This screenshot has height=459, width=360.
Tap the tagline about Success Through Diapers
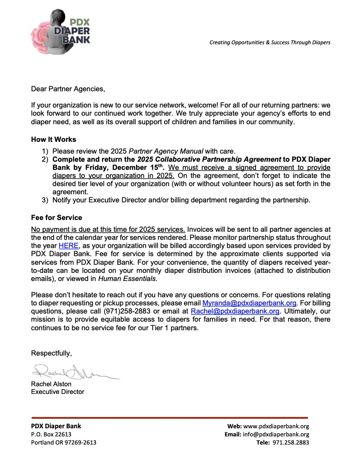(x=270, y=42)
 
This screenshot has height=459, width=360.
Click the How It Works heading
(x=53, y=140)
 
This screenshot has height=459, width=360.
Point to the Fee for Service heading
(x=57, y=217)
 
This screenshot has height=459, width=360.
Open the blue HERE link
(x=68, y=246)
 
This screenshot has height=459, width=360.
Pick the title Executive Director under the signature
(x=57, y=392)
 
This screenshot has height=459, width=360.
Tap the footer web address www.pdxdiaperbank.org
(x=276, y=426)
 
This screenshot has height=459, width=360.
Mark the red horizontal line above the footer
(x=169, y=417)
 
